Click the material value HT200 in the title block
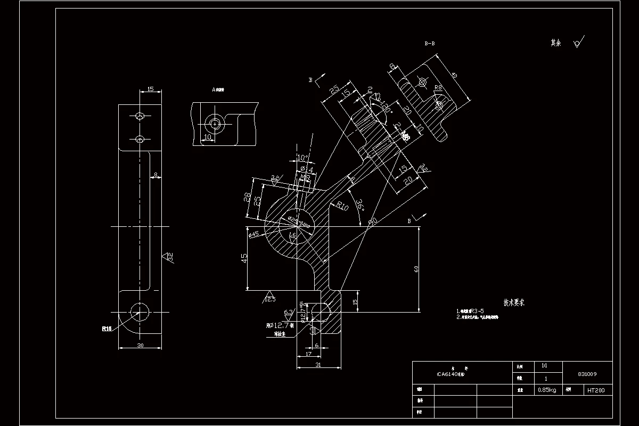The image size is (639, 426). click(x=596, y=390)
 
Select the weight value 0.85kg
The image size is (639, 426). click(x=547, y=390)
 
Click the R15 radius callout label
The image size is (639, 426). click(x=107, y=329)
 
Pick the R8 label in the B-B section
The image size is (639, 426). click(x=438, y=87)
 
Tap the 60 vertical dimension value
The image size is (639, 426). click(x=416, y=269)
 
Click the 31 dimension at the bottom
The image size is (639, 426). click(x=318, y=365)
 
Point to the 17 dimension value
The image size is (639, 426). click(x=308, y=353)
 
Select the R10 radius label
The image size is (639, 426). click(x=341, y=206)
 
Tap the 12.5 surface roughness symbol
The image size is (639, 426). click(x=271, y=299)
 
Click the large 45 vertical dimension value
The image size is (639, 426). click(x=244, y=258)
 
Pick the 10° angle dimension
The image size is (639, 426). click(x=302, y=158)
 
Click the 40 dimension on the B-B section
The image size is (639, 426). click(x=453, y=75)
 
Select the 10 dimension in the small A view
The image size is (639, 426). click(x=207, y=137)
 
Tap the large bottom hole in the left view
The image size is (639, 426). click(x=140, y=310)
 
